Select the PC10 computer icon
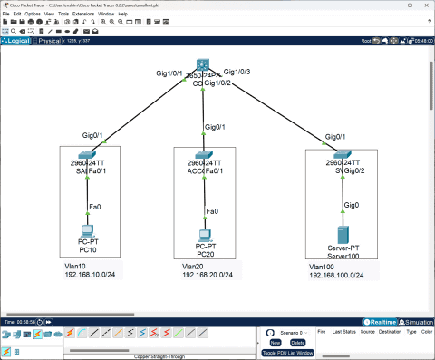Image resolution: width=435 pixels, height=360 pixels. (88, 230)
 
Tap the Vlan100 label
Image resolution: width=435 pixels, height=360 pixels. (323, 266)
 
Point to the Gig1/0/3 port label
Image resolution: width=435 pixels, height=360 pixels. (237, 71)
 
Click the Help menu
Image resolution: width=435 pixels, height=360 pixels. (122, 15)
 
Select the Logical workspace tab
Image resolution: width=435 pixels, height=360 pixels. (18, 41)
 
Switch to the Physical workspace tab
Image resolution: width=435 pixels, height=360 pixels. (48, 41)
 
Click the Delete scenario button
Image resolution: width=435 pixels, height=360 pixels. (297, 342)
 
